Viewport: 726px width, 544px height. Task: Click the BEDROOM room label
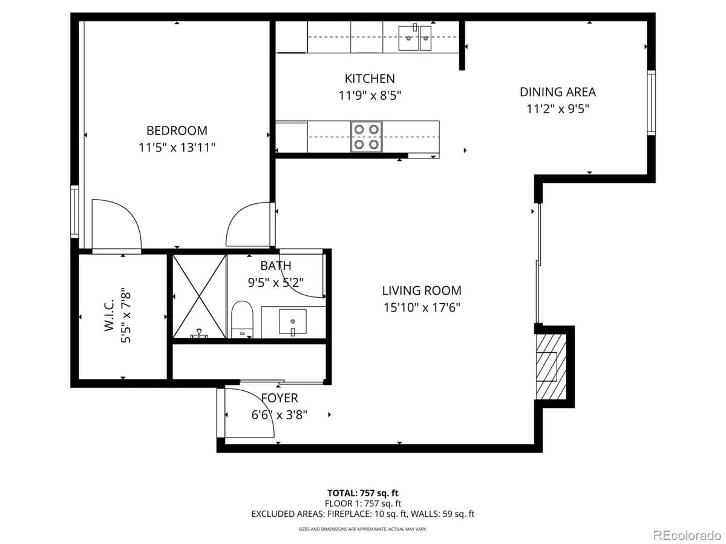(177, 130)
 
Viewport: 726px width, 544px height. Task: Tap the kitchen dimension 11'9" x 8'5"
(370, 95)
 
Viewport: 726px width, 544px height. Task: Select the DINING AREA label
(557, 92)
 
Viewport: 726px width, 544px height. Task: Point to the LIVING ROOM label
(421, 290)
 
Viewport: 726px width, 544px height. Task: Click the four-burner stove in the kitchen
(367, 137)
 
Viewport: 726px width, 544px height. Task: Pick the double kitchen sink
(415, 38)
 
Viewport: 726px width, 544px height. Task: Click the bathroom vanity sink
(292, 321)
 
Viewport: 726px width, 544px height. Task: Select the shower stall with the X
(199, 297)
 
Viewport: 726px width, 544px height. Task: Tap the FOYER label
(279, 398)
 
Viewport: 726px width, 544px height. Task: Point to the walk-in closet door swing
(116, 224)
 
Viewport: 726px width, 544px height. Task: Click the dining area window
(651, 102)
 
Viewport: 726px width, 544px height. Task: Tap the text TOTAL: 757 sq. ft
(363, 493)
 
